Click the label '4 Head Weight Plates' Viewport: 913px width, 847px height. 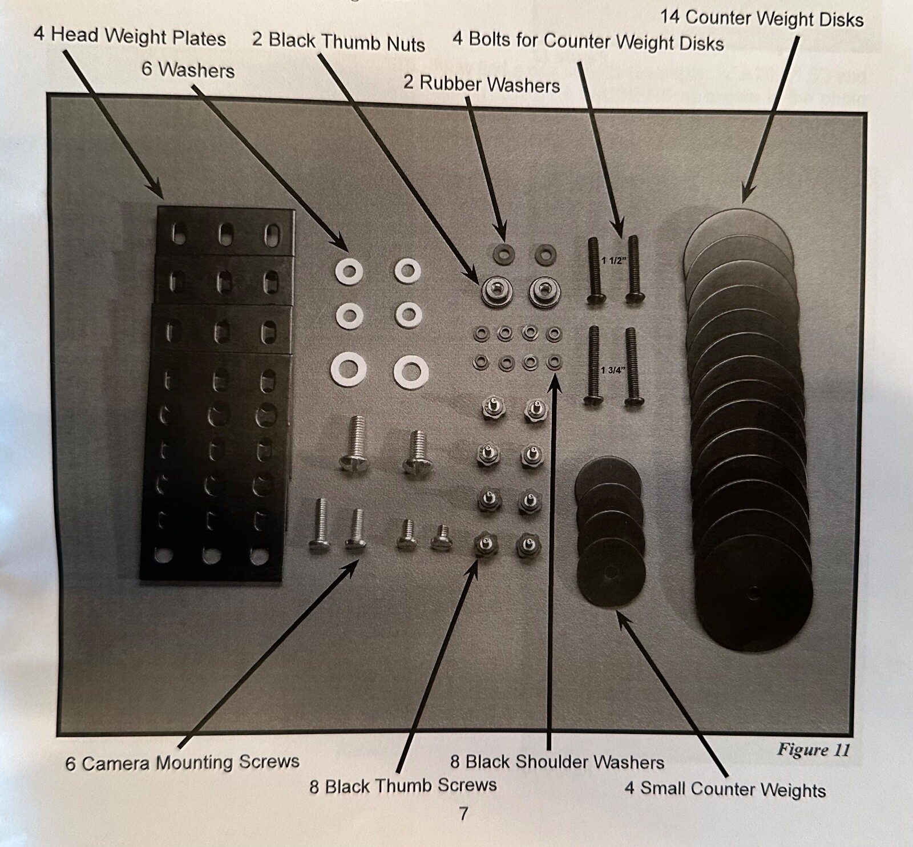[x=130, y=38]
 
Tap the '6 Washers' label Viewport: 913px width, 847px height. [x=188, y=70]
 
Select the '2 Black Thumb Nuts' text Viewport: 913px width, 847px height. [x=338, y=42]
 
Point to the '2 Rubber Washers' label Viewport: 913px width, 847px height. [x=481, y=84]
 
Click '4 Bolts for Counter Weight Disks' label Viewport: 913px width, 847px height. [x=588, y=42]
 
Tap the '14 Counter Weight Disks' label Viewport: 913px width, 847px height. [x=761, y=19]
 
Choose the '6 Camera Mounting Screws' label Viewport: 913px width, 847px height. [x=182, y=763]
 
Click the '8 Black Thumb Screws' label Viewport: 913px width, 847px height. [x=403, y=785]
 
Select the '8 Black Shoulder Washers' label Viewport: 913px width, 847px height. [x=557, y=762]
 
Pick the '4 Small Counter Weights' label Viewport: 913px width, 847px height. [x=725, y=789]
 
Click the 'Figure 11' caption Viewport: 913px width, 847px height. [x=813, y=749]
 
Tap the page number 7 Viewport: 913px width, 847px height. [x=463, y=813]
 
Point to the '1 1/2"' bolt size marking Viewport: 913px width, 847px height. [x=614, y=261]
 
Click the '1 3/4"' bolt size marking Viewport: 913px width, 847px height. [x=614, y=370]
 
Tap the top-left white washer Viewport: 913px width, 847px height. [x=348, y=271]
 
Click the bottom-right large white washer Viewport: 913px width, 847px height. [x=410, y=372]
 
